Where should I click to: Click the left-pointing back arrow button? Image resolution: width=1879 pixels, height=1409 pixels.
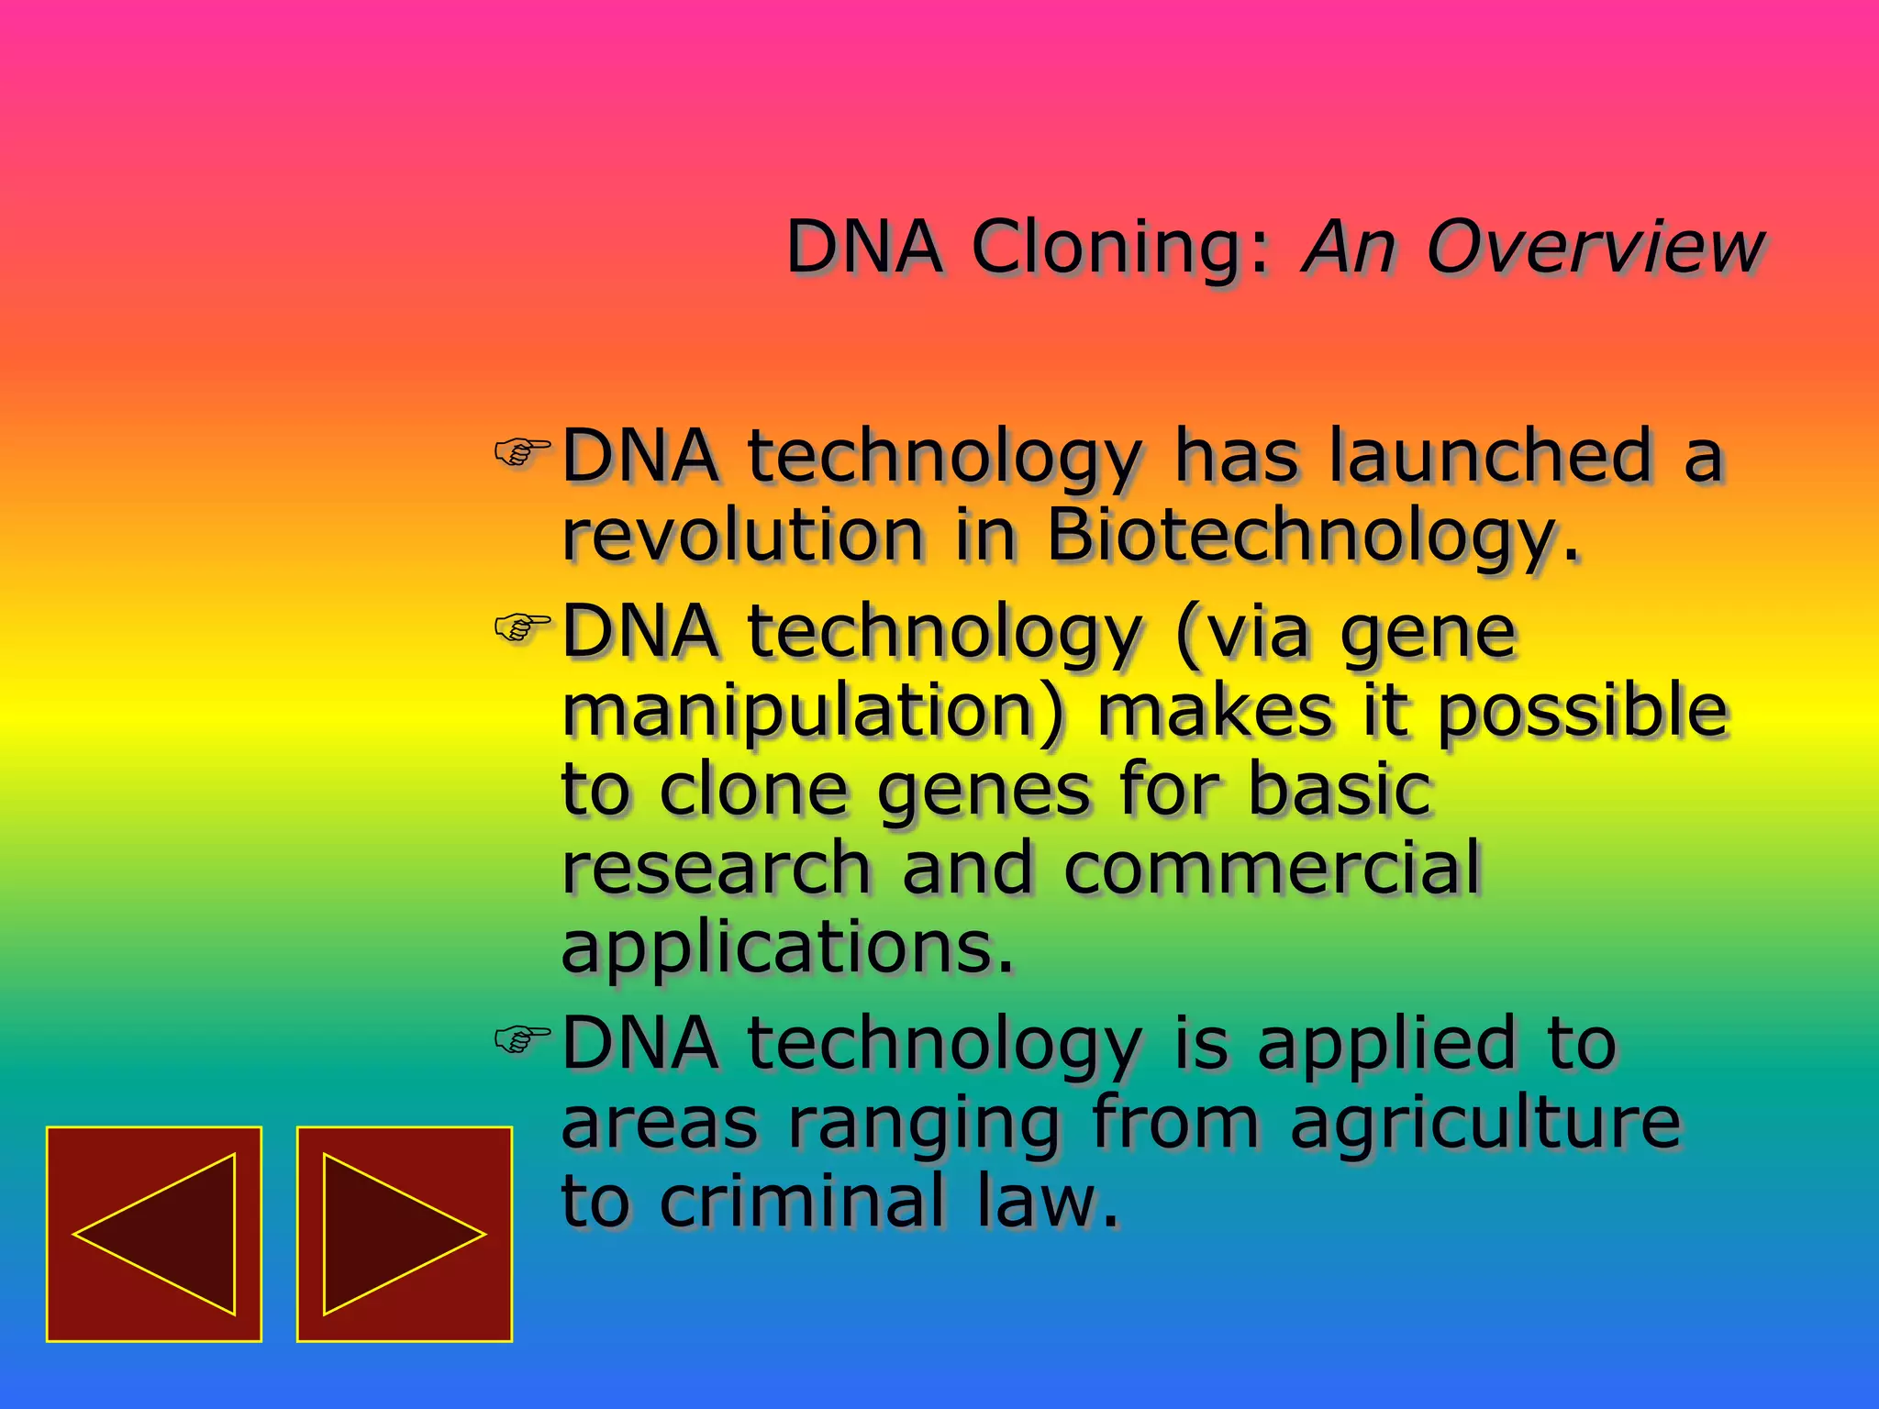154,1234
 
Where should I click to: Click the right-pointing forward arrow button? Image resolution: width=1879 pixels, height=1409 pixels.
404,1234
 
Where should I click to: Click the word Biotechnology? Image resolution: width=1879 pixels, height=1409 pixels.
1313,536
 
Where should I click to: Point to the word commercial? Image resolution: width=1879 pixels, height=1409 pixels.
1273,868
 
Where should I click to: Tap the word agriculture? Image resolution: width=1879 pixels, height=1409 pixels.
1485,1123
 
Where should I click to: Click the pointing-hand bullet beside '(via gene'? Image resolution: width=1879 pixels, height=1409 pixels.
521,627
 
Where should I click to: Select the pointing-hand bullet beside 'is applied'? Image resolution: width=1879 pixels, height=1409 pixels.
521,1038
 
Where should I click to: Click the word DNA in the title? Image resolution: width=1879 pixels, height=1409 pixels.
864,247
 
